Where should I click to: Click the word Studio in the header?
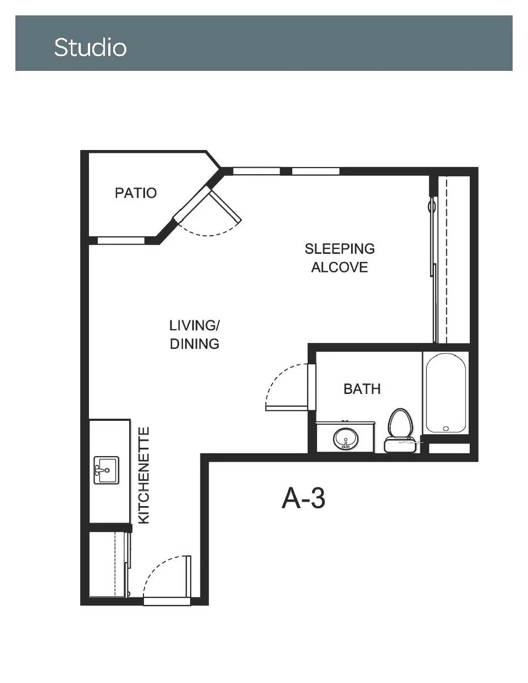[x=91, y=47]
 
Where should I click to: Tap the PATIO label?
[x=136, y=193]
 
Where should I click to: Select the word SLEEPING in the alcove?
[x=340, y=249]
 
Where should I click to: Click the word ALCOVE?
[x=340, y=268]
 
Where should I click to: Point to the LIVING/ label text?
[x=194, y=326]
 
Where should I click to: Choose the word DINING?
[x=194, y=344]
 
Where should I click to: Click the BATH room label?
[x=362, y=389]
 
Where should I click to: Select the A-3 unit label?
[x=303, y=498]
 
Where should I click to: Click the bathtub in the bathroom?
[x=446, y=393]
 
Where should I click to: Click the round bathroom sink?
[x=346, y=439]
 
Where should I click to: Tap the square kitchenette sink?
[x=107, y=470]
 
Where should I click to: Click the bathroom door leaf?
[x=287, y=408]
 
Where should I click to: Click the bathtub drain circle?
[x=446, y=429]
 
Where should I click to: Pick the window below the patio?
[x=121, y=241]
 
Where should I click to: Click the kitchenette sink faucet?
[x=100, y=470]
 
